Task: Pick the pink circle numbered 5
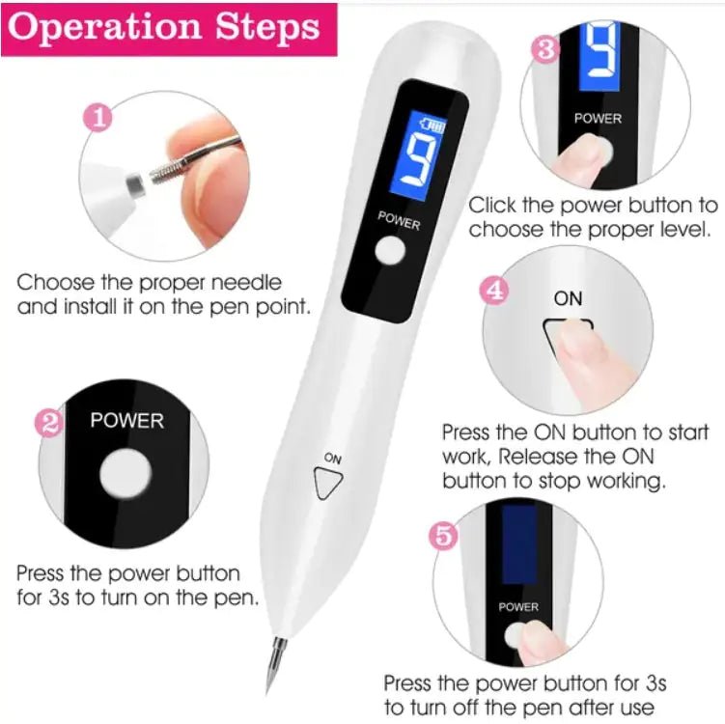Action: click(443, 537)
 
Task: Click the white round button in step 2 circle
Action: click(126, 475)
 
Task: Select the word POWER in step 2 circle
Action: click(126, 421)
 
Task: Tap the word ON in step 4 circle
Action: click(569, 298)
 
